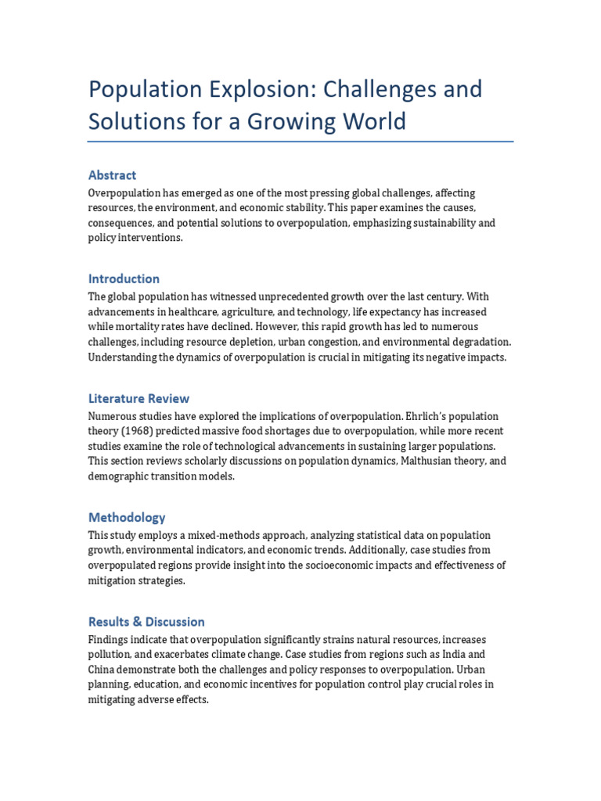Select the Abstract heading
tap(112, 175)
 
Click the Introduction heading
tap(124, 278)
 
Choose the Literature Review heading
tap(139, 398)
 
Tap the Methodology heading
tap(127, 517)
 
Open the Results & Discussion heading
tap(146, 622)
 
